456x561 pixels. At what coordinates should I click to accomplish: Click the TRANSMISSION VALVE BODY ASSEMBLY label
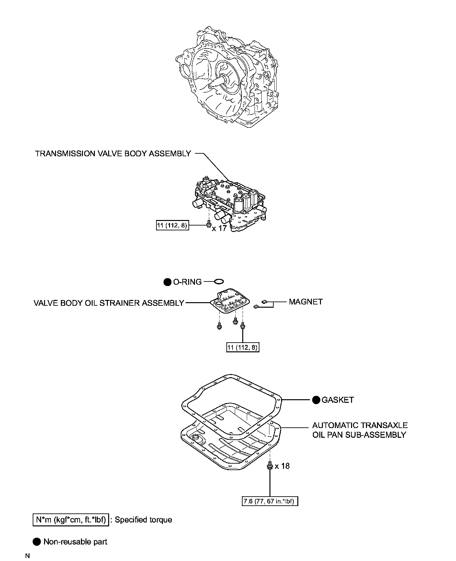point(113,153)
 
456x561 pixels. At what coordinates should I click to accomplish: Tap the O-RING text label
point(187,282)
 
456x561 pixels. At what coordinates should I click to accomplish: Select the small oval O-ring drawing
point(219,281)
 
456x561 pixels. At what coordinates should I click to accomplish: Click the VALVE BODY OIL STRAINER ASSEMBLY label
point(109,303)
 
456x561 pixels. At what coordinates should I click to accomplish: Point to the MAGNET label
point(306,302)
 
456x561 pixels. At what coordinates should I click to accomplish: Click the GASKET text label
point(337,400)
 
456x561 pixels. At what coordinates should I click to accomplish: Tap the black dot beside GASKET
point(316,400)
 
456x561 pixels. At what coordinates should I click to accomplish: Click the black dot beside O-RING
point(167,282)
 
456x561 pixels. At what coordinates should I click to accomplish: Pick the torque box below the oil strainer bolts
point(243,347)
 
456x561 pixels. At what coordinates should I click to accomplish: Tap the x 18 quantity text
point(282,466)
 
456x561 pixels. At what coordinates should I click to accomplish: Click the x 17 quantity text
point(219,228)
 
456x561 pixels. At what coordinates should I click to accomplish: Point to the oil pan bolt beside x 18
point(269,466)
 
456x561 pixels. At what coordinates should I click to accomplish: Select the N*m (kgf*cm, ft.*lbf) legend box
point(71,520)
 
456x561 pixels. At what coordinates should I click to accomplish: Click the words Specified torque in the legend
point(143,520)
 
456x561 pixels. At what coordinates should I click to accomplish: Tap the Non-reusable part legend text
point(75,542)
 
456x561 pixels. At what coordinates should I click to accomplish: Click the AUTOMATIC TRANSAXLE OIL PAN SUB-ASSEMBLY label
point(359,430)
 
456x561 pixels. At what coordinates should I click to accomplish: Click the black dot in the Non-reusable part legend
point(37,542)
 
